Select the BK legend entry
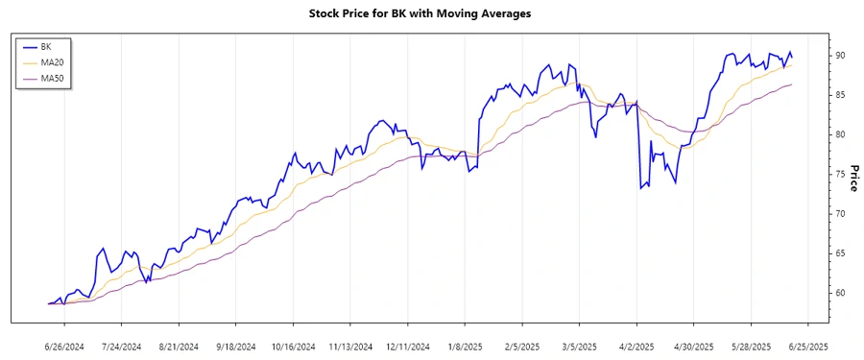(x=46, y=46)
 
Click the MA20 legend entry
(x=52, y=62)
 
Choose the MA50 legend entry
(x=52, y=79)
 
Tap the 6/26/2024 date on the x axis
(x=65, y=346)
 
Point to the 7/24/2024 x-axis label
(x=121, y=346)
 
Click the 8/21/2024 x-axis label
(x=179, y=346)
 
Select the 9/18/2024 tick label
(x=236, y=346)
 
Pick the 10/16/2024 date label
(x=294, y=346)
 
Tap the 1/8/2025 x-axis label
(x=465, y=346)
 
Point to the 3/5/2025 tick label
(x=579, y=346)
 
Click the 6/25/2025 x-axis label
(x=808, y=346)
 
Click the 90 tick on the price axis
(x=840, y=56)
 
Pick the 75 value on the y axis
(x=840, y=174)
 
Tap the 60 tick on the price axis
(x=840, y=292)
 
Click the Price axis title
(x=852, y=178)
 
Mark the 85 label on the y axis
(x=840, y=95)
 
